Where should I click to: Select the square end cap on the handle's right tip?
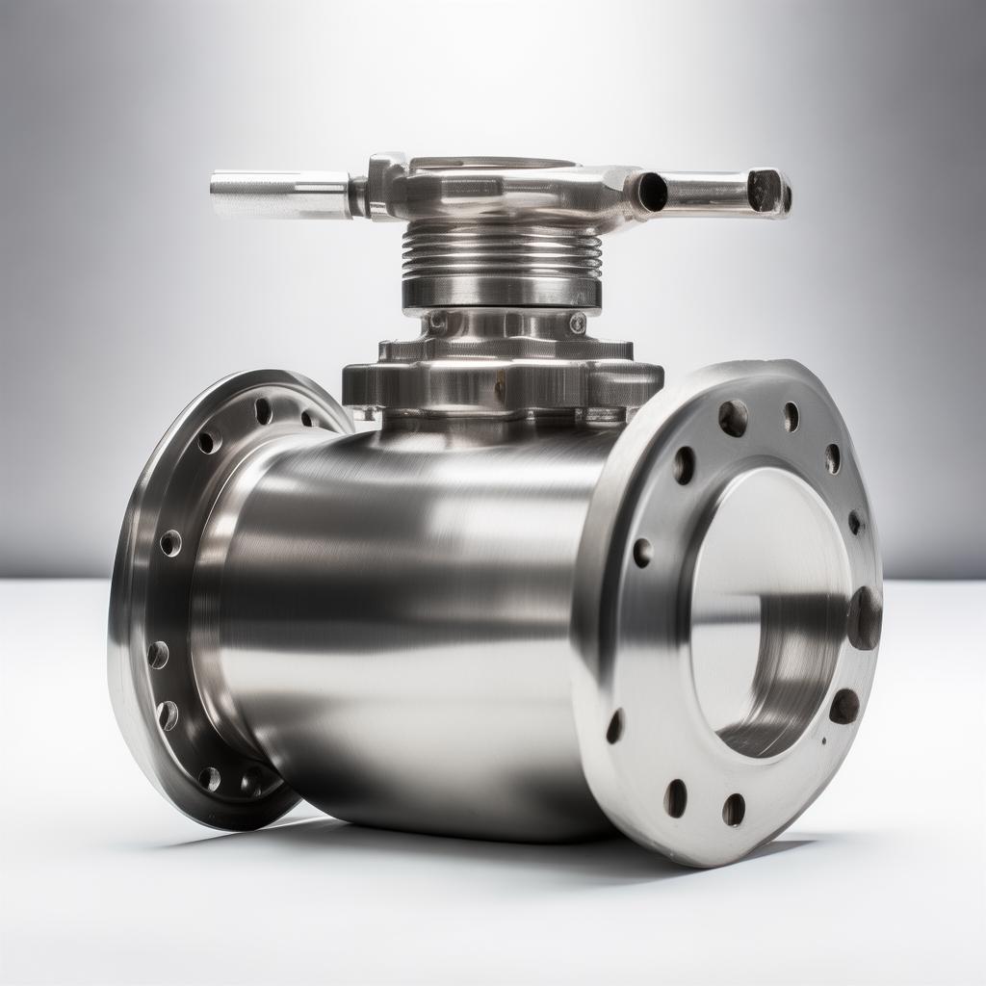[767, 190]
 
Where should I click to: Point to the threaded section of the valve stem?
[502, 250]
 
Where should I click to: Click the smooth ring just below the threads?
[502, 291]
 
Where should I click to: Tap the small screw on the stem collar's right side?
[577, 323]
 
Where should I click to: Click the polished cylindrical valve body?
[404, 616]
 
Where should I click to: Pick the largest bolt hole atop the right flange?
[733, 418]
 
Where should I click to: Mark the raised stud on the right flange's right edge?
[865, 617]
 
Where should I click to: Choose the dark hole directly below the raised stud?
[844, 707]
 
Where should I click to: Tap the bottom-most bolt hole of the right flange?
[734, 810]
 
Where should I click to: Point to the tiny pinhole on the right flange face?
[824, 741]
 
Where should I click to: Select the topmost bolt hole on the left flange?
[263, 411]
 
